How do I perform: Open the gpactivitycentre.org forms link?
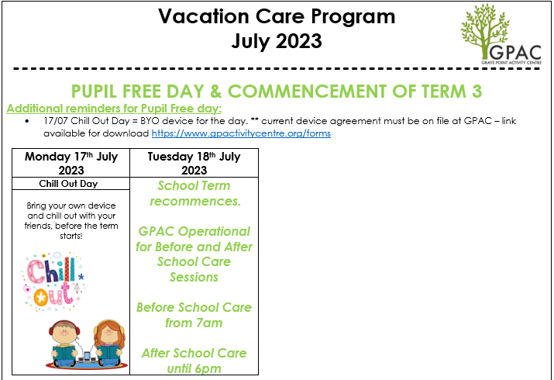241,133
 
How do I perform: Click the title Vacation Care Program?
277,16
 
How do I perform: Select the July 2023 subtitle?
277,41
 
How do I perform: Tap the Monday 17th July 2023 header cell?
71,163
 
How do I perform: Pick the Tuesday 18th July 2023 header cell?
194,163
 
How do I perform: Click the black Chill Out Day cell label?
71,184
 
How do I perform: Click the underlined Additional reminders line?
114,108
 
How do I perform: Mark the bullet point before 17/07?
27,122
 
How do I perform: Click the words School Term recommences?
194,194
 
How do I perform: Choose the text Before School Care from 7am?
194,315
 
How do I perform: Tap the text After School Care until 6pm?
194,361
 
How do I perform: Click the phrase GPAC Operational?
194,231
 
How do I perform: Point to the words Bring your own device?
71,206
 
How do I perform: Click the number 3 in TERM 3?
477,91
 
